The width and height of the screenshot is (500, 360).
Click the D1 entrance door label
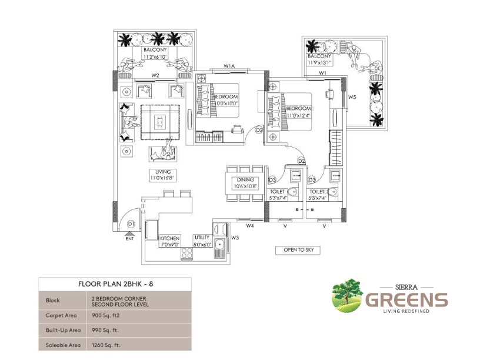[131, 224]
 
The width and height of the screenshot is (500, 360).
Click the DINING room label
[246, 179]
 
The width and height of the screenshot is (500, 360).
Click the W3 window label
[235, 238]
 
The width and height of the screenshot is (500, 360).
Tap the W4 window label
[249, 225]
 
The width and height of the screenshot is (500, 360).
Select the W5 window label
[352, 96]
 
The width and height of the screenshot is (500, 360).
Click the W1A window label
[229, 66]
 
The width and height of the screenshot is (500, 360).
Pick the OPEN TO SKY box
[298, 250]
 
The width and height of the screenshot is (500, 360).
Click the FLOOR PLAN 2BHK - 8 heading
[115, 284]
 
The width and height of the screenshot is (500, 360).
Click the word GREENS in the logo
[406, 299]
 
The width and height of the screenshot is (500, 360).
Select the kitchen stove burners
[186, 254]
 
